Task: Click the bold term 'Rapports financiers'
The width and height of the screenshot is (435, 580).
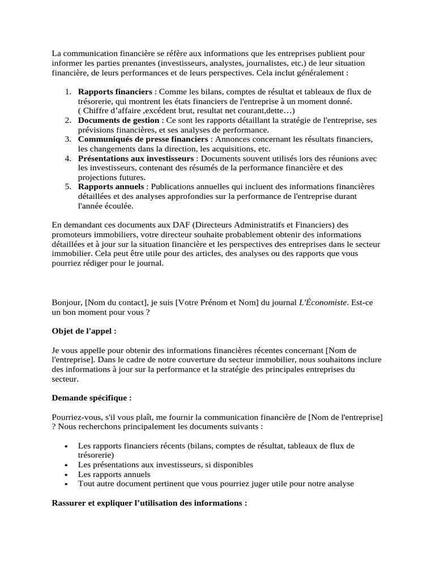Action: click(115, 92)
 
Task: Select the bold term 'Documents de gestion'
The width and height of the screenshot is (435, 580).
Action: click(119, 121)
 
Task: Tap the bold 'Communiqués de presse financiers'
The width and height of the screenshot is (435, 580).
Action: click(143, 139)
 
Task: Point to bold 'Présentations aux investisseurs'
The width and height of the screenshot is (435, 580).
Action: click(137, 159)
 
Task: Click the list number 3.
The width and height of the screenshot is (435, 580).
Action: click(67, 139)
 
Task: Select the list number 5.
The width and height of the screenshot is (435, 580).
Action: click(67, 187)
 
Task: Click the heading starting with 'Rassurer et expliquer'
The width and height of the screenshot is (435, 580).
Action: click(149, 502)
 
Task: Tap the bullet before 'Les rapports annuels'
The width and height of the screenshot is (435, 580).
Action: click(67, 475)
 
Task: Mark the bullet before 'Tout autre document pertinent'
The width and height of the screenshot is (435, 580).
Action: click(67, 484)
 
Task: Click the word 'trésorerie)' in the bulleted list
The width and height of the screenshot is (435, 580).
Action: click(96, 455)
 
